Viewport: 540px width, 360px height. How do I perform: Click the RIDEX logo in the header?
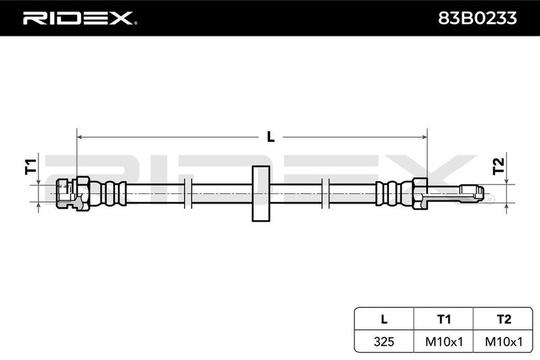80,18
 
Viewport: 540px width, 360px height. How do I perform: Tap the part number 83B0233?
477,18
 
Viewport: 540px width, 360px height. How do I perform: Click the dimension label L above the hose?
271,137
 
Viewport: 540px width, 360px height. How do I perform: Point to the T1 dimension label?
30,166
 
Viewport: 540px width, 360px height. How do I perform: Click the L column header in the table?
384,319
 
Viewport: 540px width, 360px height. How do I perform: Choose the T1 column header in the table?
443,319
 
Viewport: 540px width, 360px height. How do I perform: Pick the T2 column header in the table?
504,319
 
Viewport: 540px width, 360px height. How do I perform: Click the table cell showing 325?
384,341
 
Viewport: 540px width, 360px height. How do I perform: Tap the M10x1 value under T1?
444,341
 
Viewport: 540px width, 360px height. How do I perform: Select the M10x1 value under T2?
504,341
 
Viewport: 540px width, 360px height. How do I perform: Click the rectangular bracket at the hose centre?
261,193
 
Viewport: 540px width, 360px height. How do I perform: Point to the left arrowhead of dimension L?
80,137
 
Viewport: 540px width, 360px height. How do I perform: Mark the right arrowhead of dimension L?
425,137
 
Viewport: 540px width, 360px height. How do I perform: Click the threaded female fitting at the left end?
65,193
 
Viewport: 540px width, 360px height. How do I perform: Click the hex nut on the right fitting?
420,193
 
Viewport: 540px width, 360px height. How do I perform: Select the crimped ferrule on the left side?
109,193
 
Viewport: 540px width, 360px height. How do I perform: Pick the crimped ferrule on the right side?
394,193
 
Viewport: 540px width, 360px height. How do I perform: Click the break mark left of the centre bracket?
188,193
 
